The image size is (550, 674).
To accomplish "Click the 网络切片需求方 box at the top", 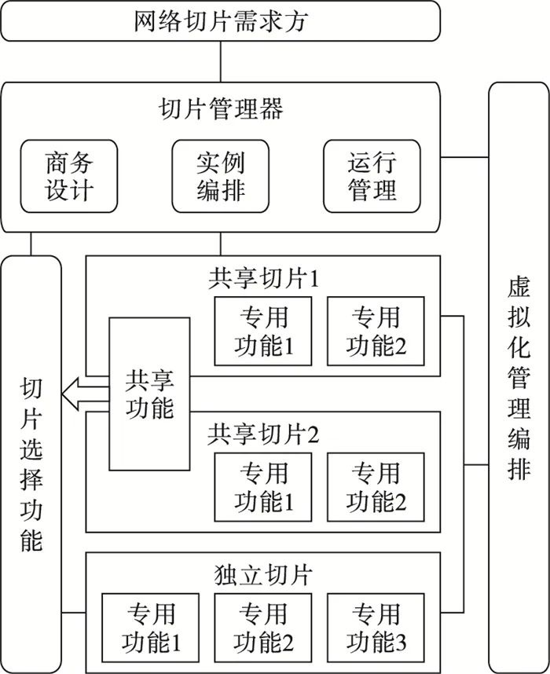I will [219, 20].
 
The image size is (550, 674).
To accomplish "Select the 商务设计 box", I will [68, 176].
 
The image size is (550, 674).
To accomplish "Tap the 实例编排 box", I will [220, 176].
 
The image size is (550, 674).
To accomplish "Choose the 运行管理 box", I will [372, 176].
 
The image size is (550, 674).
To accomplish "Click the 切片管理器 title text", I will [220, 109].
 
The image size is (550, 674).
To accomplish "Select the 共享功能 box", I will [149, 393].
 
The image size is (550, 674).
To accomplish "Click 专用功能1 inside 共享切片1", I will [262, 331].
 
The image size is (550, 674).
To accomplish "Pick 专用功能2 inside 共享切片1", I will [376, 331].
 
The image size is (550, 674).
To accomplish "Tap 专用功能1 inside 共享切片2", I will [262, 487].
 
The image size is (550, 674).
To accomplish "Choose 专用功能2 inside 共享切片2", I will [376, 487].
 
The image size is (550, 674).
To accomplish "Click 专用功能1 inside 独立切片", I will [149, 628].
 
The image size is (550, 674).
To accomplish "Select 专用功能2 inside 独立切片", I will [262, 628].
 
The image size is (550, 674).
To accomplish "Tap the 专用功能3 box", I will [376, 628].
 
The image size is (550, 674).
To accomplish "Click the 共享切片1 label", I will [262, 279].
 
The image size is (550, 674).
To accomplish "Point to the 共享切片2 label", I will [262, 433].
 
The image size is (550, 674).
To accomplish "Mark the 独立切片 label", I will [262, 574].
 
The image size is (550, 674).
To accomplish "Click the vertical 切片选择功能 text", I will [31, 463].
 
